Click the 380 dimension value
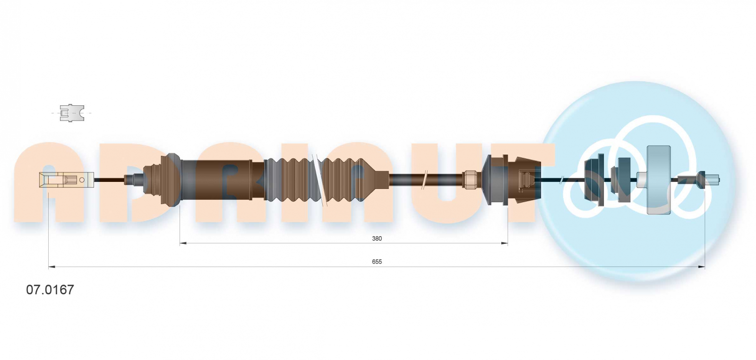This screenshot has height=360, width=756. (x=377, y=239)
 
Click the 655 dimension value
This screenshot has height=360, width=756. (x=377, y=262)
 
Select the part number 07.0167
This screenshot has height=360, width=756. (x=50, y=290)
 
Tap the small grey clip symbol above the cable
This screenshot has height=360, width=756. (x=71, y=113)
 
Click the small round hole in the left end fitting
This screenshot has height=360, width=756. (x=82, y=180)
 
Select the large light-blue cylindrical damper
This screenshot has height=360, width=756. (x=659, y=180)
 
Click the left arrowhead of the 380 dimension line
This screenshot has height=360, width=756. (x=183, y=243)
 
